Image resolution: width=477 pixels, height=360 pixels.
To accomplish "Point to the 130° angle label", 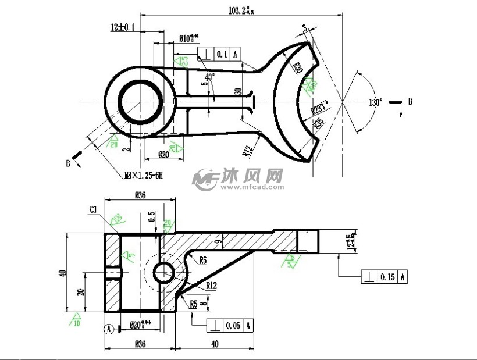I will coord(376,102).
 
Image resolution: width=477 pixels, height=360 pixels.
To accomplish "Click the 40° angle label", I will coord(209,76).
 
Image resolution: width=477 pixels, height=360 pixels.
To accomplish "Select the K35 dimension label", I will coord(318,123).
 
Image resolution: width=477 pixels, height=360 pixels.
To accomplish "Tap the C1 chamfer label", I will coord(93,209).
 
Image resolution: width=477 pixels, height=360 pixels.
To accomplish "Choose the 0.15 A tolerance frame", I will coord(384,277).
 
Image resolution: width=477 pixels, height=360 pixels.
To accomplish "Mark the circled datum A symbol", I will coord(109,329).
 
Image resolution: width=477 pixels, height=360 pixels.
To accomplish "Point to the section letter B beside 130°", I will coord(410,102).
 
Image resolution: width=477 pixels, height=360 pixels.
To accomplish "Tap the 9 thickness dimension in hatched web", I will coord(217,238).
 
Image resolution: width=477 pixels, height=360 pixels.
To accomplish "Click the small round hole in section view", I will coord(163,272).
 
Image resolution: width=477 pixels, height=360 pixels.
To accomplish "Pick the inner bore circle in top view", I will coord(140,101).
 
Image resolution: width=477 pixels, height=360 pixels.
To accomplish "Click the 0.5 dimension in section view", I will coord(152,216).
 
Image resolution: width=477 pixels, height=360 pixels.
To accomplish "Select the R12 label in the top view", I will coord(248,152).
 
